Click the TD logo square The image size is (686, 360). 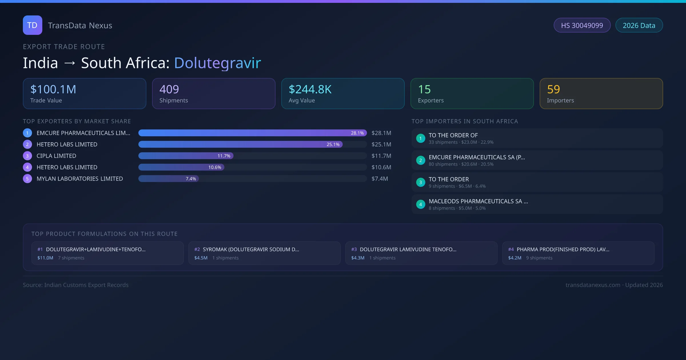click(32, 25)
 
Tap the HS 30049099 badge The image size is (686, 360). click(582, 25)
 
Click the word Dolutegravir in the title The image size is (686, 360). click(217, 63)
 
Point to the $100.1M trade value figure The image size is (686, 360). click(53, 89)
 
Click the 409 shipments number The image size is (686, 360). click(169, 89)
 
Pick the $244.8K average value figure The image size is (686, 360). click(310, 89)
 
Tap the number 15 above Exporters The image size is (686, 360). click(424, 89)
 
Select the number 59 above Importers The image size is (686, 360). click(553, 89)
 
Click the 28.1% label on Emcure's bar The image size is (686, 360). click(357, 133)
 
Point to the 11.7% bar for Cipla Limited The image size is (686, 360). click(186, 156)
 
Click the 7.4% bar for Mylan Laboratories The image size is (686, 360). click(169, 179)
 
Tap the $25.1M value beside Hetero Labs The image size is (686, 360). click(381, 144)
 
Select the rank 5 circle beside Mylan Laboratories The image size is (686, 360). click(27, 179)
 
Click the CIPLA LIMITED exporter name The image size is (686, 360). click(56, 156)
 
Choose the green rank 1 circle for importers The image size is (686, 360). click(420, 138)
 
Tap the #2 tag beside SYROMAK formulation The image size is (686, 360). click(197, 249)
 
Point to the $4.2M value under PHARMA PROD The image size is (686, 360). click(514, 258)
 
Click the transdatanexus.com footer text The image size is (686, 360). click(593, 285)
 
